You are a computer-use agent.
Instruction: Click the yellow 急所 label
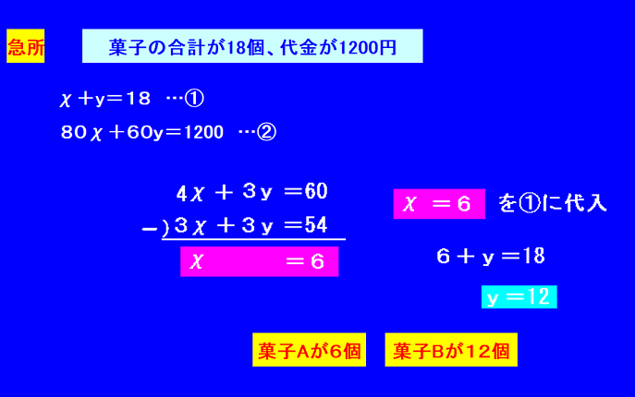[26, 46]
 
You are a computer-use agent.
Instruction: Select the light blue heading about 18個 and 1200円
[252, 46]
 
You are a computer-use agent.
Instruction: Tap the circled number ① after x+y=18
[194, 99]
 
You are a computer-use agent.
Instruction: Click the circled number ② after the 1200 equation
[266, 132]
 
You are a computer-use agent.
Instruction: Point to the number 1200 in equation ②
[203, 132]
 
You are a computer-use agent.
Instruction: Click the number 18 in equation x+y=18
[138, 99]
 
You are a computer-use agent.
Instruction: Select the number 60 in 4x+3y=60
[316, 191]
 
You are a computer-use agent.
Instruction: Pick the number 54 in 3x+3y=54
[316, 225]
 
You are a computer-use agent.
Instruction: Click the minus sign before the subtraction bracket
[149, 230]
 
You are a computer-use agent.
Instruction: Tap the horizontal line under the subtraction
[253, 239]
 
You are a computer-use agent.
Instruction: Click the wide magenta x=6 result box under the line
[259, 261]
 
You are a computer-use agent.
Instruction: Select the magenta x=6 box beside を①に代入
[439, 203]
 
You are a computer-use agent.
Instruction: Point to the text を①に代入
[553, 203]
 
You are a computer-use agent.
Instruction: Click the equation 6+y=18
[491, 256]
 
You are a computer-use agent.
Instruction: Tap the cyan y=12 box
[519, 297]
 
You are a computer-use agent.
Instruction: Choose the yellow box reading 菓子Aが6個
[309, 350]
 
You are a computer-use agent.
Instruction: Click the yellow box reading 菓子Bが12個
[451, 350]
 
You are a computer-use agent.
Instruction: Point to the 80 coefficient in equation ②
[74, 132]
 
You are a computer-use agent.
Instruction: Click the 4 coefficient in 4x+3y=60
[181, 194]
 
